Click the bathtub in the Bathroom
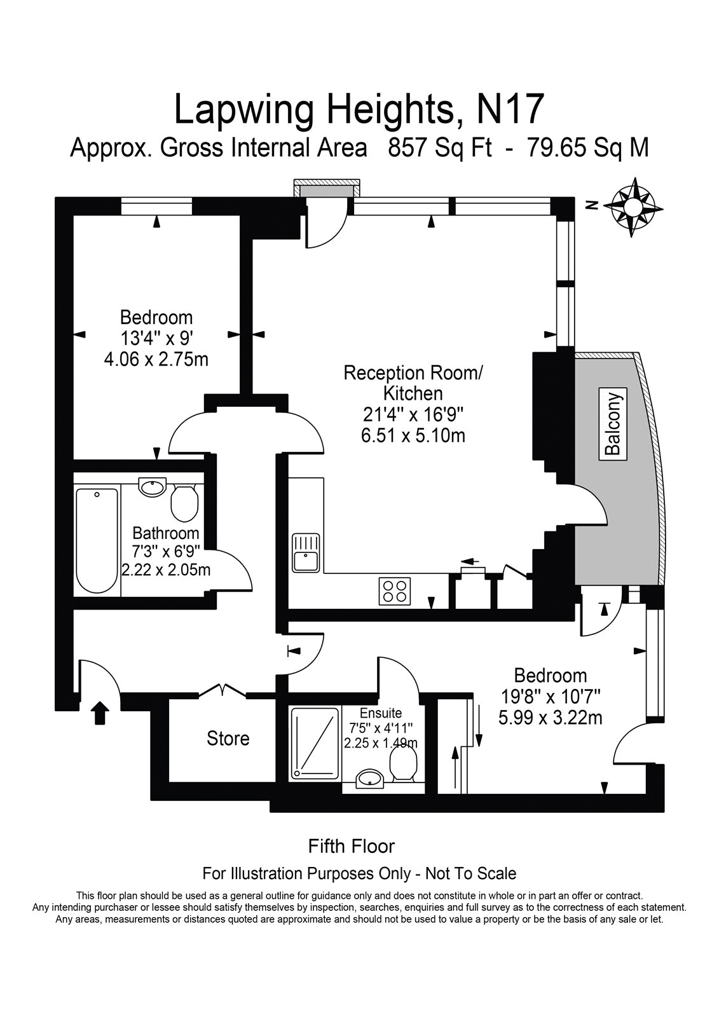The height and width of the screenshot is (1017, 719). click(x=97, y=540)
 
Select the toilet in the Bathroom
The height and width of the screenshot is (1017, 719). click(x=184, y=502)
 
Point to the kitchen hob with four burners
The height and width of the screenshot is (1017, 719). click(x=395, y=591)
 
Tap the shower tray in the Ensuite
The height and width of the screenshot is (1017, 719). click(x=315, y=742)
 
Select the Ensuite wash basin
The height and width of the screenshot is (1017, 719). click(x=369, y=779)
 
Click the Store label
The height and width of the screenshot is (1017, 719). click(x=228, y=739)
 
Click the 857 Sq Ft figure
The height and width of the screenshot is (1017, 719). click(x=441, y=148)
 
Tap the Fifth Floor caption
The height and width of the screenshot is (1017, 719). click(x=351, y=846)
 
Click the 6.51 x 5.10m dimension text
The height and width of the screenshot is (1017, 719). click(x=413, y=436)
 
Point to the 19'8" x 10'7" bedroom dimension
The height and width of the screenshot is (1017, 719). click(x=550, y=697)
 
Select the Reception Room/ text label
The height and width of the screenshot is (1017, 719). click(x=413, y=372)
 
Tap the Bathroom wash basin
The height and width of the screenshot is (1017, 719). click(x=153, y=488)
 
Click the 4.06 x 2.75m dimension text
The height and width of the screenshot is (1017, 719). click(x=156, y=359)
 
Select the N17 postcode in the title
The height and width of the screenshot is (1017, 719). click(x=510, y=109)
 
